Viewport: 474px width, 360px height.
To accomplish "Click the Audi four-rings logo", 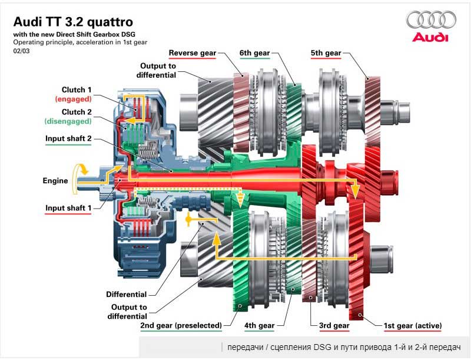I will click(432, 21).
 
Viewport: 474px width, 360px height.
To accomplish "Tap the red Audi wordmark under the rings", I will click(430, 38).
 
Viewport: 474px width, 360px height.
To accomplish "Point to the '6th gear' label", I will click(254, 53).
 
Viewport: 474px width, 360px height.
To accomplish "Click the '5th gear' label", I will click(326, 53).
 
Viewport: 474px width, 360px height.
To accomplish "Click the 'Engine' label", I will click(55, 181).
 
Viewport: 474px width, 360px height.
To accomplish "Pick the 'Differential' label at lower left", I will click(126, 294).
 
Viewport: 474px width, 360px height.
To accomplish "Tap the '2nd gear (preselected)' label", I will click(181, 325).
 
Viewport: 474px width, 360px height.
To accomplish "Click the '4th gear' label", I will click(258, 325).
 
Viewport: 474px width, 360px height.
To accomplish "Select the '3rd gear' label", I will click(334, 325).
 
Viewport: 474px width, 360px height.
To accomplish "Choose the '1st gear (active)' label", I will click(412, 325).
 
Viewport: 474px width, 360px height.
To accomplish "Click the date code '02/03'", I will click(21, 51).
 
